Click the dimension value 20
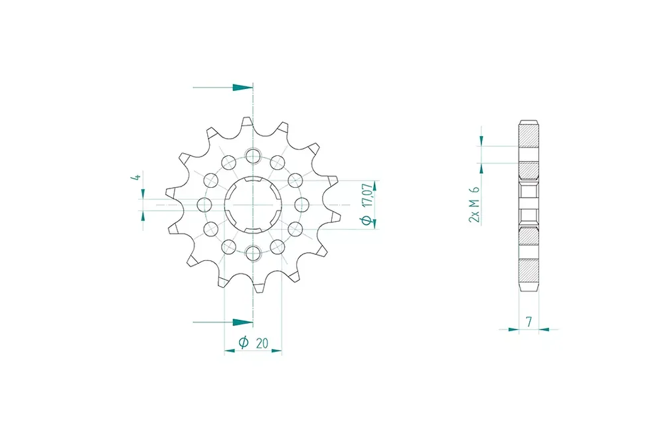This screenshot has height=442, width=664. tap(262, 343)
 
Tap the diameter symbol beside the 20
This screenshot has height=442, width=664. tap(244, 342)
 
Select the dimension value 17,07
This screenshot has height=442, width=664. tap(368, 194)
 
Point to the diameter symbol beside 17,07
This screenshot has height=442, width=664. tap(368, 220)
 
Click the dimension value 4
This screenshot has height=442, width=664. tap(135, 176)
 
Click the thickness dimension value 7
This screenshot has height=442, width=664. tap(529, 322)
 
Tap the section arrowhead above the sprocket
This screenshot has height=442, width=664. tap(242, 88)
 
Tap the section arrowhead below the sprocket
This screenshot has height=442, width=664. tap(242, 322)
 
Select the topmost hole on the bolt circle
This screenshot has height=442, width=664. tap(253, 155)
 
